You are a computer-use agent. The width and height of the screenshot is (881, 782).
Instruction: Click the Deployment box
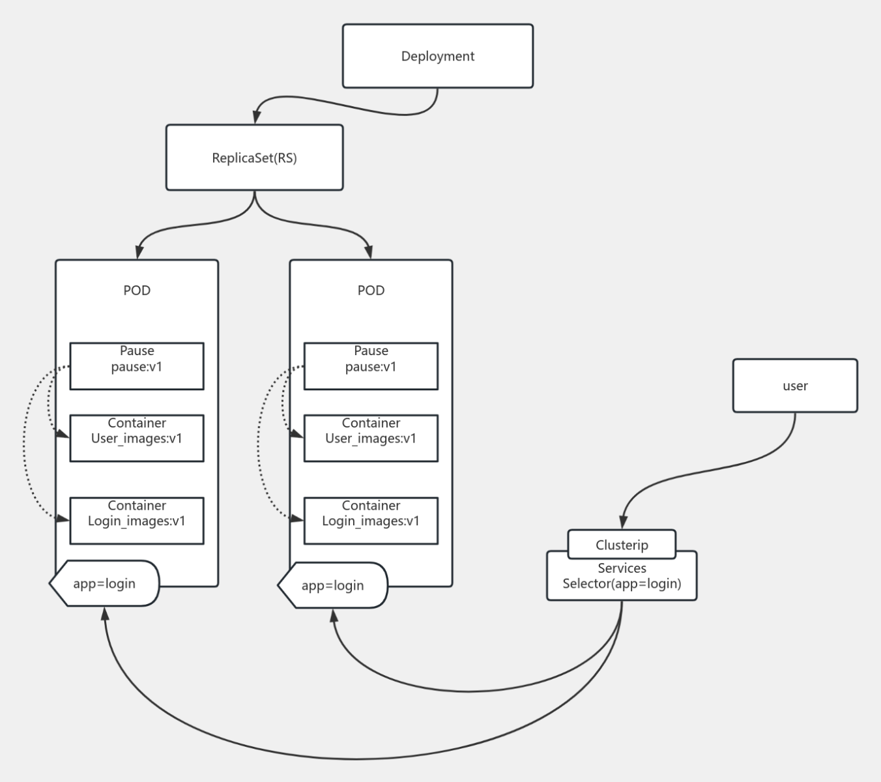(x=437, y=56)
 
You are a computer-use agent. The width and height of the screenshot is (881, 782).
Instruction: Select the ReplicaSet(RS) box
(x=254, y=158)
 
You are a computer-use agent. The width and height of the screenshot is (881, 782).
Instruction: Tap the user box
(x=794, y=386)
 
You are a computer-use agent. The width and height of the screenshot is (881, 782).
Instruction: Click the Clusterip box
(x=622, y=545)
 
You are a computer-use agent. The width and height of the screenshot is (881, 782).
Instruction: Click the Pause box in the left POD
(x=137, y=366)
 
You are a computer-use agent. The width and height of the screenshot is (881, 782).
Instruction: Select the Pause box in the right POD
(x=371, y=366)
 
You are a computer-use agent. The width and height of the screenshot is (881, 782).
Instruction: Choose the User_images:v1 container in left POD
(x=137, y=438)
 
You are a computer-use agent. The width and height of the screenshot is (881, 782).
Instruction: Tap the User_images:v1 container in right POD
(x=371, y=438)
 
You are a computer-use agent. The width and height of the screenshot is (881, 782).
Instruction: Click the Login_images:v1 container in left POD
(x=137, y=521)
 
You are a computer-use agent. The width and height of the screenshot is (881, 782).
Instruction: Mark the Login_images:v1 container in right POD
(x=371, y=521)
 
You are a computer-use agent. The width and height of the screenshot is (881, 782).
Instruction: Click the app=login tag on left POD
(x=104, y=583)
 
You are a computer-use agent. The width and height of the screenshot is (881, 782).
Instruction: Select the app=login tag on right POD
(x=332, y=585)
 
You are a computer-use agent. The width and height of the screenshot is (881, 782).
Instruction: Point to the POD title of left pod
(x=137, y=290)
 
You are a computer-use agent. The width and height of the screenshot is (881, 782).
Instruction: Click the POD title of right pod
(x=371, y=290)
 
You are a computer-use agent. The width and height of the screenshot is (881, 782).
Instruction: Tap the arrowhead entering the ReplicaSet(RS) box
(x=257, y=117)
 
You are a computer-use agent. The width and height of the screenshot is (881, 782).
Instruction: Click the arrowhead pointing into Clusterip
(x=623, y=522)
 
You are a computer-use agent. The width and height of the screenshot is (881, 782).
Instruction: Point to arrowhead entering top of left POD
(x=139, y=252)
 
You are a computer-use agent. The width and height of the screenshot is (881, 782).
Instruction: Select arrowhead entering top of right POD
(x=370, y=252)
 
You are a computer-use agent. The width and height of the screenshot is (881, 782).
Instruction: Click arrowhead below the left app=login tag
(x=104, y=613)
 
